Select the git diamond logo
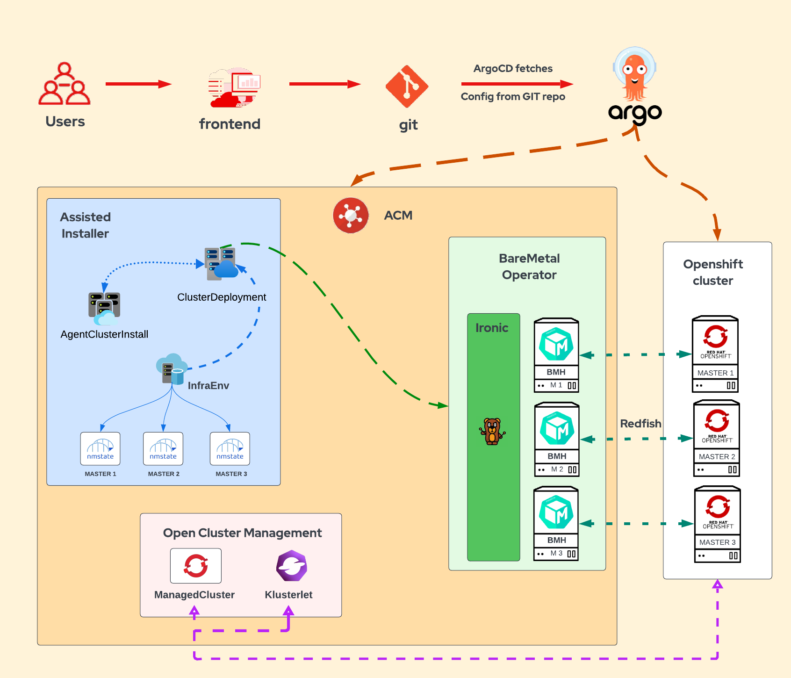pyautogui.click(x=407, y=87)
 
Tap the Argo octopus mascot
pyautogui.click(x=634, y=75)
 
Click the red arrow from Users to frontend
pyautogui.click(x=138, y=84)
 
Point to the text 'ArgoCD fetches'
pyautogui.click(x=513, y=69)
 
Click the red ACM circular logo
pyautogui.click(x=351, y=216)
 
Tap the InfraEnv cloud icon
pyautogui.click(x=171, y=369)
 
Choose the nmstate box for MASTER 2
pyautogui.click(x=163, y=449)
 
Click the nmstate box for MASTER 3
pyautogui.click(x=230, y=449)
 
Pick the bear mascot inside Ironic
pyautogui.click(x=492, y=431)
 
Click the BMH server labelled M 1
pyautogui.click(x=556, y=355)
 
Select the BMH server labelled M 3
pyautogui.click(x=556, y=524)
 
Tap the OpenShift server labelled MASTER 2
pyautogui.click(x=717, y=439)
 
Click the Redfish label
pyautogui.click(x=640, y=424)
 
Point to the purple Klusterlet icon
pyautogui.click(x=292, y=566)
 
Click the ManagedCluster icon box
pyautogui.click(x=196, y=566)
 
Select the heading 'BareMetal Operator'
pyautogui.click(x=529, y=267)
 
